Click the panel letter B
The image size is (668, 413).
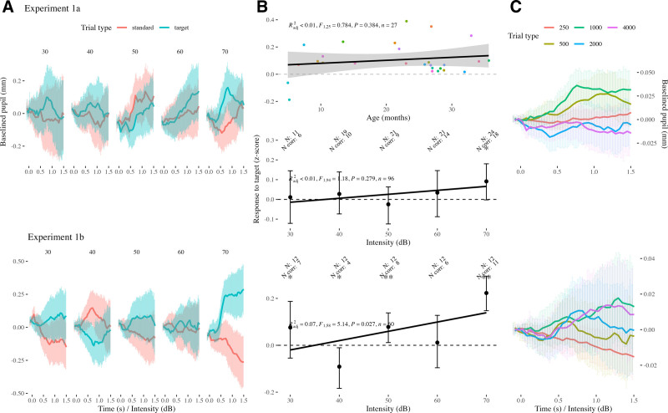(262, 8)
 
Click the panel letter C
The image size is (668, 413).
(515, 8)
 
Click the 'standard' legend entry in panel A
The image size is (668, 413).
(164, 26)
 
